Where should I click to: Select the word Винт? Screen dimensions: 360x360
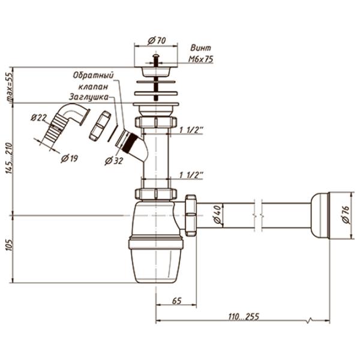click(200, 48)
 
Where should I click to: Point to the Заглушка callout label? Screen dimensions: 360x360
click(88, 97)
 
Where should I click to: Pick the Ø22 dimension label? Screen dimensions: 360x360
click(39, 117)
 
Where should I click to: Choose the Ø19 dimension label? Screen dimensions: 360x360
click(70, 158)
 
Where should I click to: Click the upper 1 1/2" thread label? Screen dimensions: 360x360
click(191, 130)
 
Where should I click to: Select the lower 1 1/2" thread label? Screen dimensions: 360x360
click(191, 175)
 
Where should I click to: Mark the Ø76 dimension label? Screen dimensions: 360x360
click(346, 214)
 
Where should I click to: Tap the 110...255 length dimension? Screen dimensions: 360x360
click(243, 316)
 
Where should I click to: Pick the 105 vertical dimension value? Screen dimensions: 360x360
click(8, 246)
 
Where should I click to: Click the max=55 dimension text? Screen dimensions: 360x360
click(8, 88)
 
